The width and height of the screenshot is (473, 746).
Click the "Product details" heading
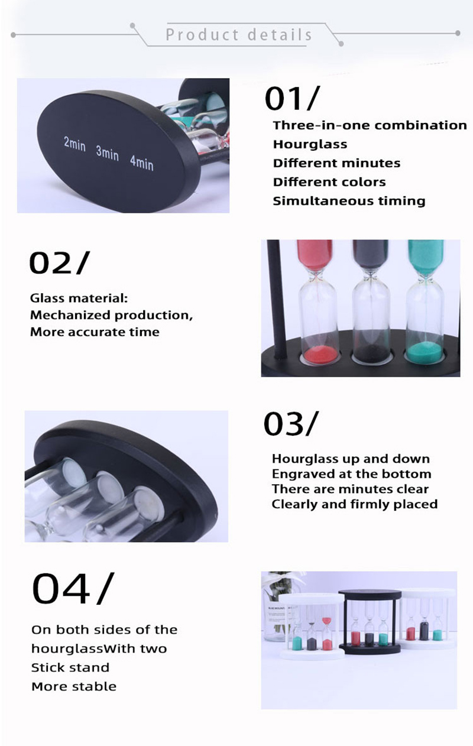239,35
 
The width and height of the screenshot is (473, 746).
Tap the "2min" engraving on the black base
74,144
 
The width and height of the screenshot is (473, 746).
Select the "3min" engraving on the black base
107,153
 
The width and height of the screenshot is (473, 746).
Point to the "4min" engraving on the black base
142,163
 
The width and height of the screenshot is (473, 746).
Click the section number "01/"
292,98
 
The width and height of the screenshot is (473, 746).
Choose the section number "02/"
59,263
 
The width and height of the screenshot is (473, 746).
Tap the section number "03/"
291,423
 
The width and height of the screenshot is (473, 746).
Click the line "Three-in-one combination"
370,125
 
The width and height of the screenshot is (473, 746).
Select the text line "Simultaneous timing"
349,201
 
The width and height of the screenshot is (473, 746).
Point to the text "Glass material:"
79,298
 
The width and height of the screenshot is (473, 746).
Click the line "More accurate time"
95,332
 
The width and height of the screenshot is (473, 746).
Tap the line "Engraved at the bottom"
351,473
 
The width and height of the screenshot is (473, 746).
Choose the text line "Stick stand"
70,667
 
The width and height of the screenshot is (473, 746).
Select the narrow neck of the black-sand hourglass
371,275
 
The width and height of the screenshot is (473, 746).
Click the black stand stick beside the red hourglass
277,300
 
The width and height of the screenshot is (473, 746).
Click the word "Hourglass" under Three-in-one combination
310,144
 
